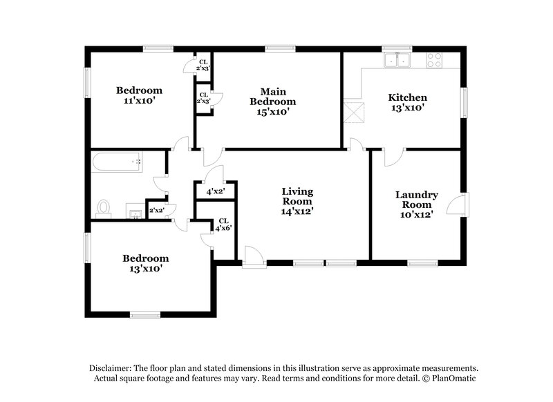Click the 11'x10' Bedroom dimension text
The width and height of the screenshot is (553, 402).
tap(139, 100)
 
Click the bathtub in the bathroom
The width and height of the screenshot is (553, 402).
tap(118, 163)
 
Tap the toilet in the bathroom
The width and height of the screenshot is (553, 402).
tap(104, 207)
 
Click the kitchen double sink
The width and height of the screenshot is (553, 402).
tap(397, 60)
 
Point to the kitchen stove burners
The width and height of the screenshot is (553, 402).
tap(436, 60)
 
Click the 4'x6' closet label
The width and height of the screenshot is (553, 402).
tap(223, 224)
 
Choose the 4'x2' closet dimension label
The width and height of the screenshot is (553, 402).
tap(215, 192)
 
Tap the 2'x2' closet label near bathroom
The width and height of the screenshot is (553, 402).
tap(156, 210)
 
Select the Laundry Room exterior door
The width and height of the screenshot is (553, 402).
tap(457, 204)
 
